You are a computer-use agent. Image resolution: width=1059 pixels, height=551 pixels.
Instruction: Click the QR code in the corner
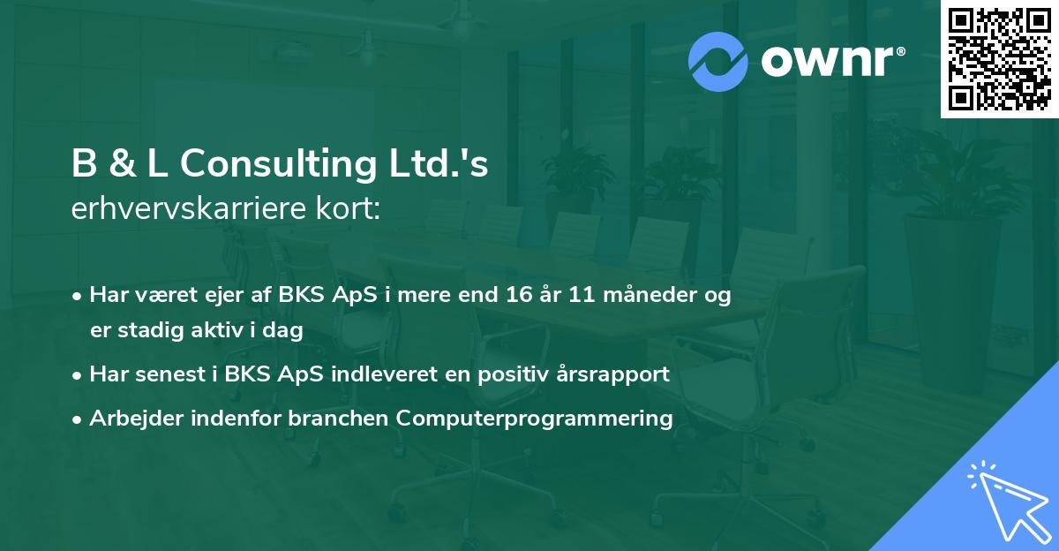[x=999, y=59]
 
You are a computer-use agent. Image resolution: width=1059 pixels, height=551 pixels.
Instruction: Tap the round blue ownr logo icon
[x=718, y=61]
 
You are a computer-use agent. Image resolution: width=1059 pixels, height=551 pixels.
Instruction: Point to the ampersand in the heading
[x=123, y=165]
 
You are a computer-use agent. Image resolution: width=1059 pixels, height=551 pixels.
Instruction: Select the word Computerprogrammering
[x=535, y=419]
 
